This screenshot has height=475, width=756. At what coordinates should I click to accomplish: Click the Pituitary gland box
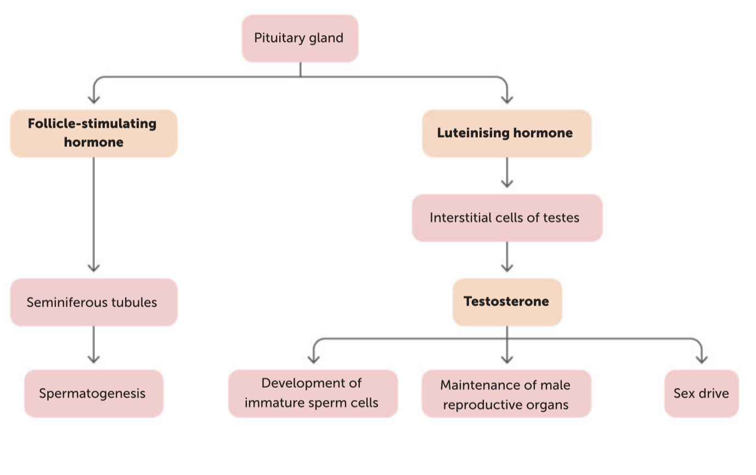tap(300, 38)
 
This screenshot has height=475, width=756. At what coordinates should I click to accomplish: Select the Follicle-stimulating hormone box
tap(94, 133)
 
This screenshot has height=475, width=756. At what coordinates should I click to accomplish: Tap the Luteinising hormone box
tap(507, 133)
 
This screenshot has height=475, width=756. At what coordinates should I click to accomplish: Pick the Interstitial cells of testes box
tap(507, 218)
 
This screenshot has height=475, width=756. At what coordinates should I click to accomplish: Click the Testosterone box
tap(507, 302)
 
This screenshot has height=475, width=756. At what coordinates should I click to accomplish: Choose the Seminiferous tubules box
tap(94, 302)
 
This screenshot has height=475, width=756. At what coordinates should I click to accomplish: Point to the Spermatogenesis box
tap(94, 394)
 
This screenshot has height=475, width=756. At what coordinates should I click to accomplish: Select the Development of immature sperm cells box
tap(313, 394)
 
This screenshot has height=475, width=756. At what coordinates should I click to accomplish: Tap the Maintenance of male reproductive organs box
tap(506, 394)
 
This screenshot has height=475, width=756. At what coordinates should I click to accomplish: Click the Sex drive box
tap(702, 394)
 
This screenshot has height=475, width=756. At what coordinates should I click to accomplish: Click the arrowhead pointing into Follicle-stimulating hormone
tap(94, 99)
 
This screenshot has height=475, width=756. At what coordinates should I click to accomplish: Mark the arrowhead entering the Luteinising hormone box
tap(507, 99)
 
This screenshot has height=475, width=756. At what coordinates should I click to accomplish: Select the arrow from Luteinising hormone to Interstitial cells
tap(507, 172)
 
